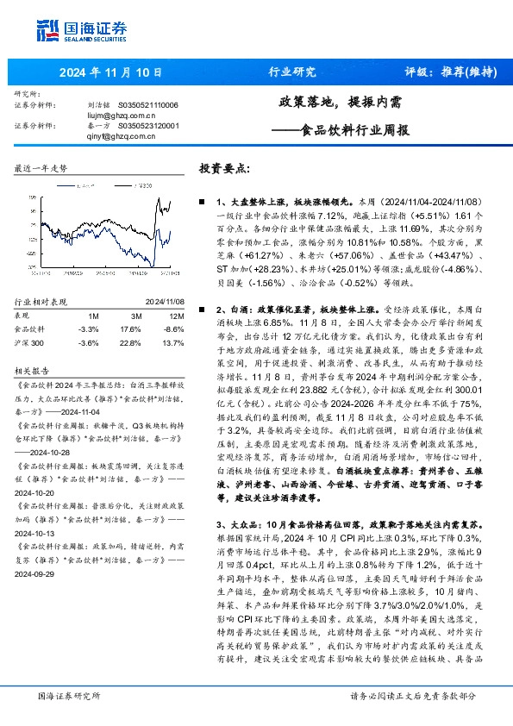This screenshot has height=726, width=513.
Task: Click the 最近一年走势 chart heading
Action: click(41, 169)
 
